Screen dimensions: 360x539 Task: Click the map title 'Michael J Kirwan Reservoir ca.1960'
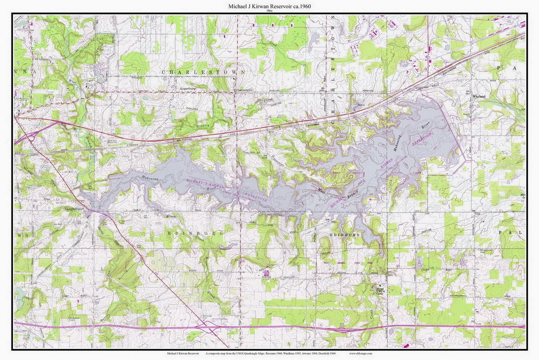269,7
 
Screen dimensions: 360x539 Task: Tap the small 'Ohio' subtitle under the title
269,11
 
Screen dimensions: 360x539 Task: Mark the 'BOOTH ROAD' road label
193,271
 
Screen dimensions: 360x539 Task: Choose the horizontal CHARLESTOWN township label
203,72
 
